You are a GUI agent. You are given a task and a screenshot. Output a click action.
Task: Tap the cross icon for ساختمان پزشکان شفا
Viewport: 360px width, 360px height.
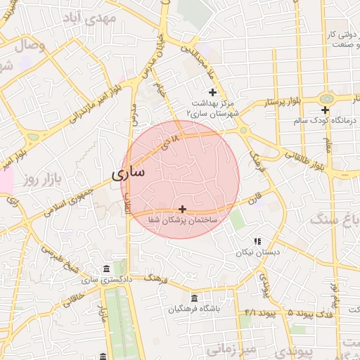[183, 209]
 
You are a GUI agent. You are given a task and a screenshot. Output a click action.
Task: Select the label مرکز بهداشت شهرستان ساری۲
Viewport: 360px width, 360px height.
[213, 108]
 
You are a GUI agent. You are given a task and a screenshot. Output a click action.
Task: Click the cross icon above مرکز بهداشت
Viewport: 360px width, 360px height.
[213, 92]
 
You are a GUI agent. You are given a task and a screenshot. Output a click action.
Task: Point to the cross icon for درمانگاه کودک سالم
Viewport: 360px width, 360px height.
[325, 110]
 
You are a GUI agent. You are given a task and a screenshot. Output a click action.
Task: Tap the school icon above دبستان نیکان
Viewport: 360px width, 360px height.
[257, 240]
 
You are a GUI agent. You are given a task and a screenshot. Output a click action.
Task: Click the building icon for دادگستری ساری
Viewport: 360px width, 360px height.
[106, 269]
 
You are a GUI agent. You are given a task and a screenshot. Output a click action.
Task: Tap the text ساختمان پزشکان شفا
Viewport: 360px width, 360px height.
[183, 220]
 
